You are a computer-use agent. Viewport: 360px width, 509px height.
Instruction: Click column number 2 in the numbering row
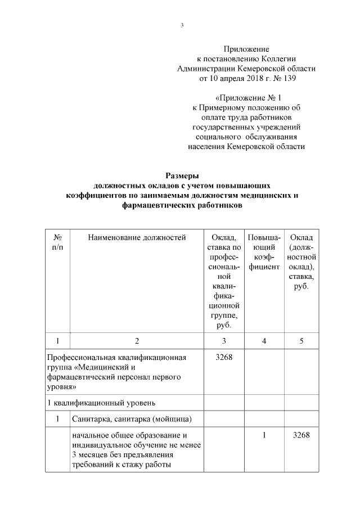click(x=137, y=341)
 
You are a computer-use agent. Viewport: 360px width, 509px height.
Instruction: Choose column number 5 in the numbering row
click(x=301, y=341)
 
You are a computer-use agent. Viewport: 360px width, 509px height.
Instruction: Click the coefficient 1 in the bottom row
click(x=264, y=436)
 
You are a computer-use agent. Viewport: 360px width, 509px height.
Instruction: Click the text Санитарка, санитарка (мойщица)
click(x=130, y=419)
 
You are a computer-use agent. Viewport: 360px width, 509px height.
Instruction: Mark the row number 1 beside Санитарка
click(x=57, y=419)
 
